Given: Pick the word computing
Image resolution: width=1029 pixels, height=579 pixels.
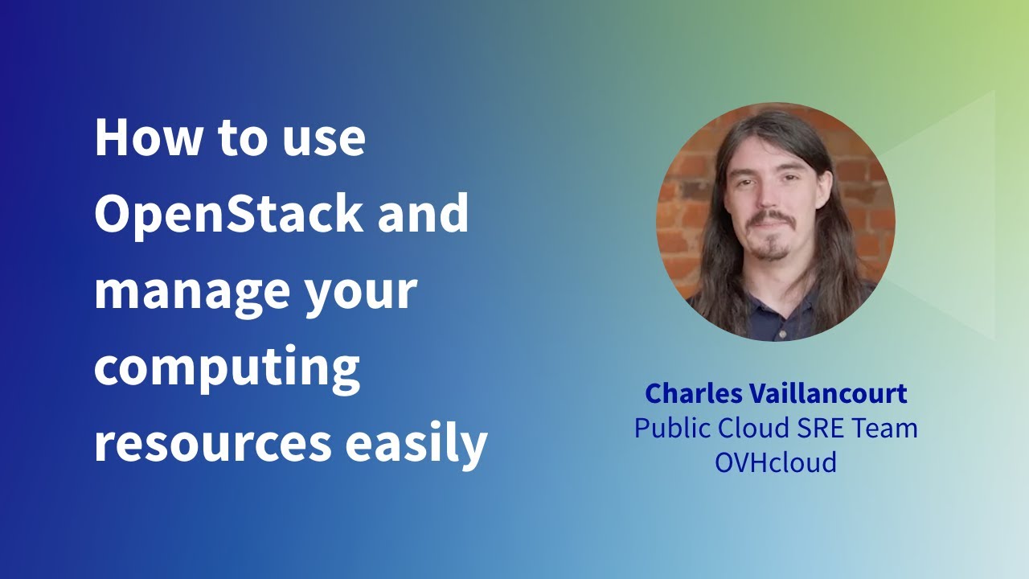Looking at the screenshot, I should coord(227,368).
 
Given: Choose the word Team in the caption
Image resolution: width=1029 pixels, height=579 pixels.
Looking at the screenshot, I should coord(883,428).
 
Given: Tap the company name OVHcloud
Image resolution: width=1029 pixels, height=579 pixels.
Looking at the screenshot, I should coord(776,462).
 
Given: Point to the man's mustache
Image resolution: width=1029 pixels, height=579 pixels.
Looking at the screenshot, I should coord(771,217).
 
